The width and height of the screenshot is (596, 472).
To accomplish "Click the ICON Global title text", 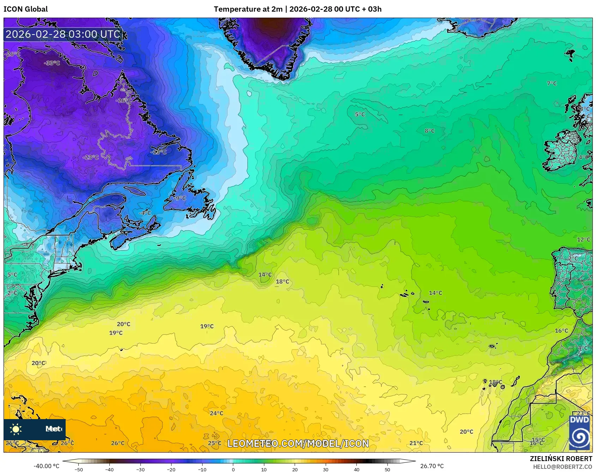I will coord(25,9).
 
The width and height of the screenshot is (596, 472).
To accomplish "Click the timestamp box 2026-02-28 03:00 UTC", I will coord(63,34).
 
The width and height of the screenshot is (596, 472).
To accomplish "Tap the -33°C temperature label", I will coord(52,63).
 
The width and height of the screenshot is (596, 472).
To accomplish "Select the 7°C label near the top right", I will coord(552,84).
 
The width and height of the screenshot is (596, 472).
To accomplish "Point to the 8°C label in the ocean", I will coord(429,131).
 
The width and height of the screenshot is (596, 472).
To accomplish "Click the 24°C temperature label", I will coord(216,413).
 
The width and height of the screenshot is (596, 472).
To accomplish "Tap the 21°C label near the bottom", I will coord(416,443).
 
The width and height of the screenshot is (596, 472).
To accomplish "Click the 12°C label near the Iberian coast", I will coord(583,240).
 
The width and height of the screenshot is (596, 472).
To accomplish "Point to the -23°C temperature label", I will coord(91,157).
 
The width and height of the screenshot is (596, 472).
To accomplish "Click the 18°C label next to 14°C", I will coord(282,282).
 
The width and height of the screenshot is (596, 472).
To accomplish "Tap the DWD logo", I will coord(579,432).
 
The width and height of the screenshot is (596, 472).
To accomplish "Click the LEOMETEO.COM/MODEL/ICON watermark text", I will coord(298,443).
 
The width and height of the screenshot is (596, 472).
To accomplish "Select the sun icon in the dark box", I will coord(16,429).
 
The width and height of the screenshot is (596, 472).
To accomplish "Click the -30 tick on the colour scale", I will coord(140,470).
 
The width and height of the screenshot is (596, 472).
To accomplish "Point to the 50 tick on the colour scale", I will coord(387,470).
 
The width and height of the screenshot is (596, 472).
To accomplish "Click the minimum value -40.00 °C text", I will coord(46,466).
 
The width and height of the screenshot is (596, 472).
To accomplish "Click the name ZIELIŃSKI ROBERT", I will coord(561,459).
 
